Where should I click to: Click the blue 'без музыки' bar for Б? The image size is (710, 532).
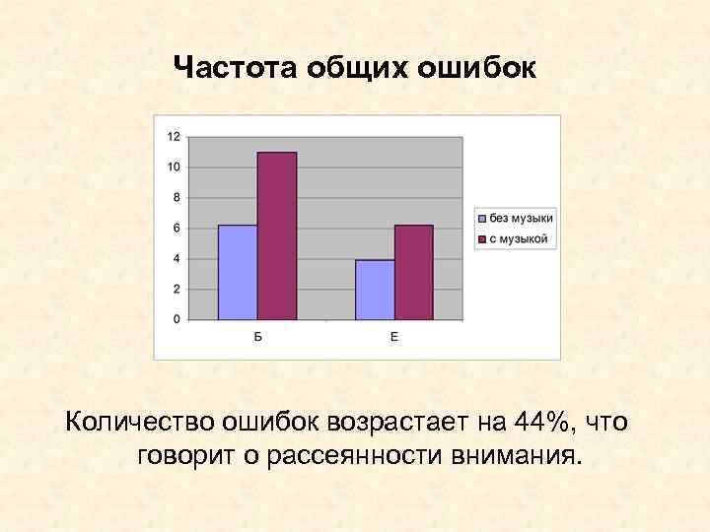[x=238, y=272]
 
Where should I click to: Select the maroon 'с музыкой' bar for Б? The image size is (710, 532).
[x=277, y=236]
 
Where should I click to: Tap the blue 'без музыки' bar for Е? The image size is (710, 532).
[x=375, y=290]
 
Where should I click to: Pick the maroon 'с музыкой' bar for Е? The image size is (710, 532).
[x=414, y=272]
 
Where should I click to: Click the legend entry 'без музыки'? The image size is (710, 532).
[x=516, y=219]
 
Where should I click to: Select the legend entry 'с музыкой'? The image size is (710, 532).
[x=514, y=239]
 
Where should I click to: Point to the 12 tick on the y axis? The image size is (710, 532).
[x=174, y=136]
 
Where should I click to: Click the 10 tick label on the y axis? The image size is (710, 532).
[x=174, y=166]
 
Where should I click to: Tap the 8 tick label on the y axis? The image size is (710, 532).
[x=177, y=197]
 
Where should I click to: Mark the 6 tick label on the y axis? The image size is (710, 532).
[x=177, y=228]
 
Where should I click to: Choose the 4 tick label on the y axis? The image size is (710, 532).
[x=177, y=259]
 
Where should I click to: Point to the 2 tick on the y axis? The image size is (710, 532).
[x=177, y=290]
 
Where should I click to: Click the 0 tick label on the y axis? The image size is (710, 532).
[x=177, y=319]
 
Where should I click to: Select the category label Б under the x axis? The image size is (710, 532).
[x=257, y=338]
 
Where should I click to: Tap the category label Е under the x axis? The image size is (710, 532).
[x=394, y=338]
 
